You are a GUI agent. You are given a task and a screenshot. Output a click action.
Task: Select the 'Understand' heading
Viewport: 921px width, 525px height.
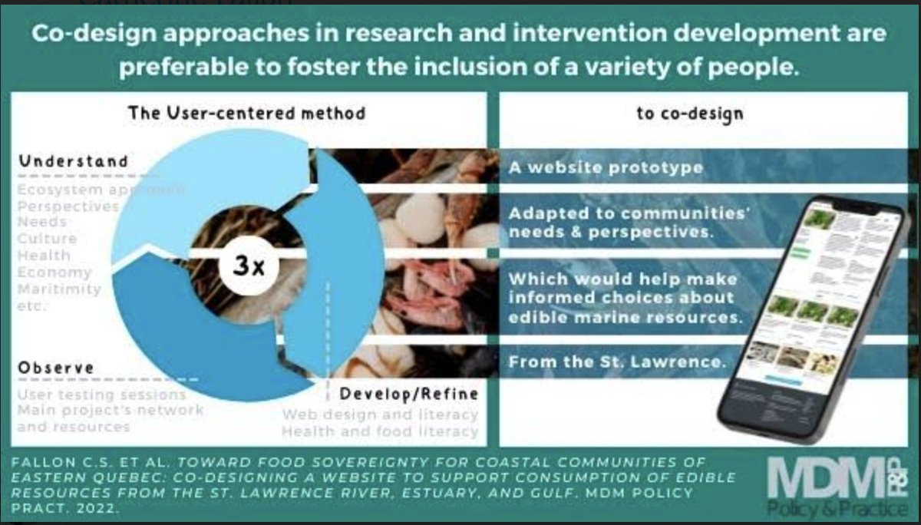pyautogui.click(x=73, y=161)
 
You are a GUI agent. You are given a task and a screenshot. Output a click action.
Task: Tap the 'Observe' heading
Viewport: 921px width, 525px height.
pyautogui.click(x=56, y=367)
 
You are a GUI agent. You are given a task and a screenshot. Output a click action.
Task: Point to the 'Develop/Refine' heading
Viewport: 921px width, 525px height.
pyautogui.click(x=409, y=394)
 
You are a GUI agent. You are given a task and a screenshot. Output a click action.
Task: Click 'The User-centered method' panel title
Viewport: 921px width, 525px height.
pyautogui.click(x=246, y=114)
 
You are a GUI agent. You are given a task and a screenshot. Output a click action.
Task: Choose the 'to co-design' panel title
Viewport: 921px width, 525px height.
pyautogui.click(x=690, y=114)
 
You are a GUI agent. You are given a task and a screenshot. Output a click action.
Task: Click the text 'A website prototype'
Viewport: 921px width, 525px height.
pyautogui.click(x=606, y=167)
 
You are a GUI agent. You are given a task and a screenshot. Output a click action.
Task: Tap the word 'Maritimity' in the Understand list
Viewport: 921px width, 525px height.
pyautogui.click(x=59, y=289)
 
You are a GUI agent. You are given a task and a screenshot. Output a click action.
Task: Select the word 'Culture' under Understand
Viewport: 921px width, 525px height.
pyautogui.click(x=47, y=239)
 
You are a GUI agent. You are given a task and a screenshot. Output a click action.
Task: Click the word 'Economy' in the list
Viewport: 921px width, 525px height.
pyautogui.click(x=54, y=272)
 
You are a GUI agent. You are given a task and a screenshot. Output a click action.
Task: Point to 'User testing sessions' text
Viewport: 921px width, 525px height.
pyautogui.click(x=101, y=395)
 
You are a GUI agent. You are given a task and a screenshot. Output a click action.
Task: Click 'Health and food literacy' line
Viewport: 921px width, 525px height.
pyautogui.click(x=379, y=431)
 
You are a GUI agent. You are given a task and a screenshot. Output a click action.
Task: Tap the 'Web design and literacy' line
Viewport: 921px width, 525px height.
pyautogui.click(x=380, y=414)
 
